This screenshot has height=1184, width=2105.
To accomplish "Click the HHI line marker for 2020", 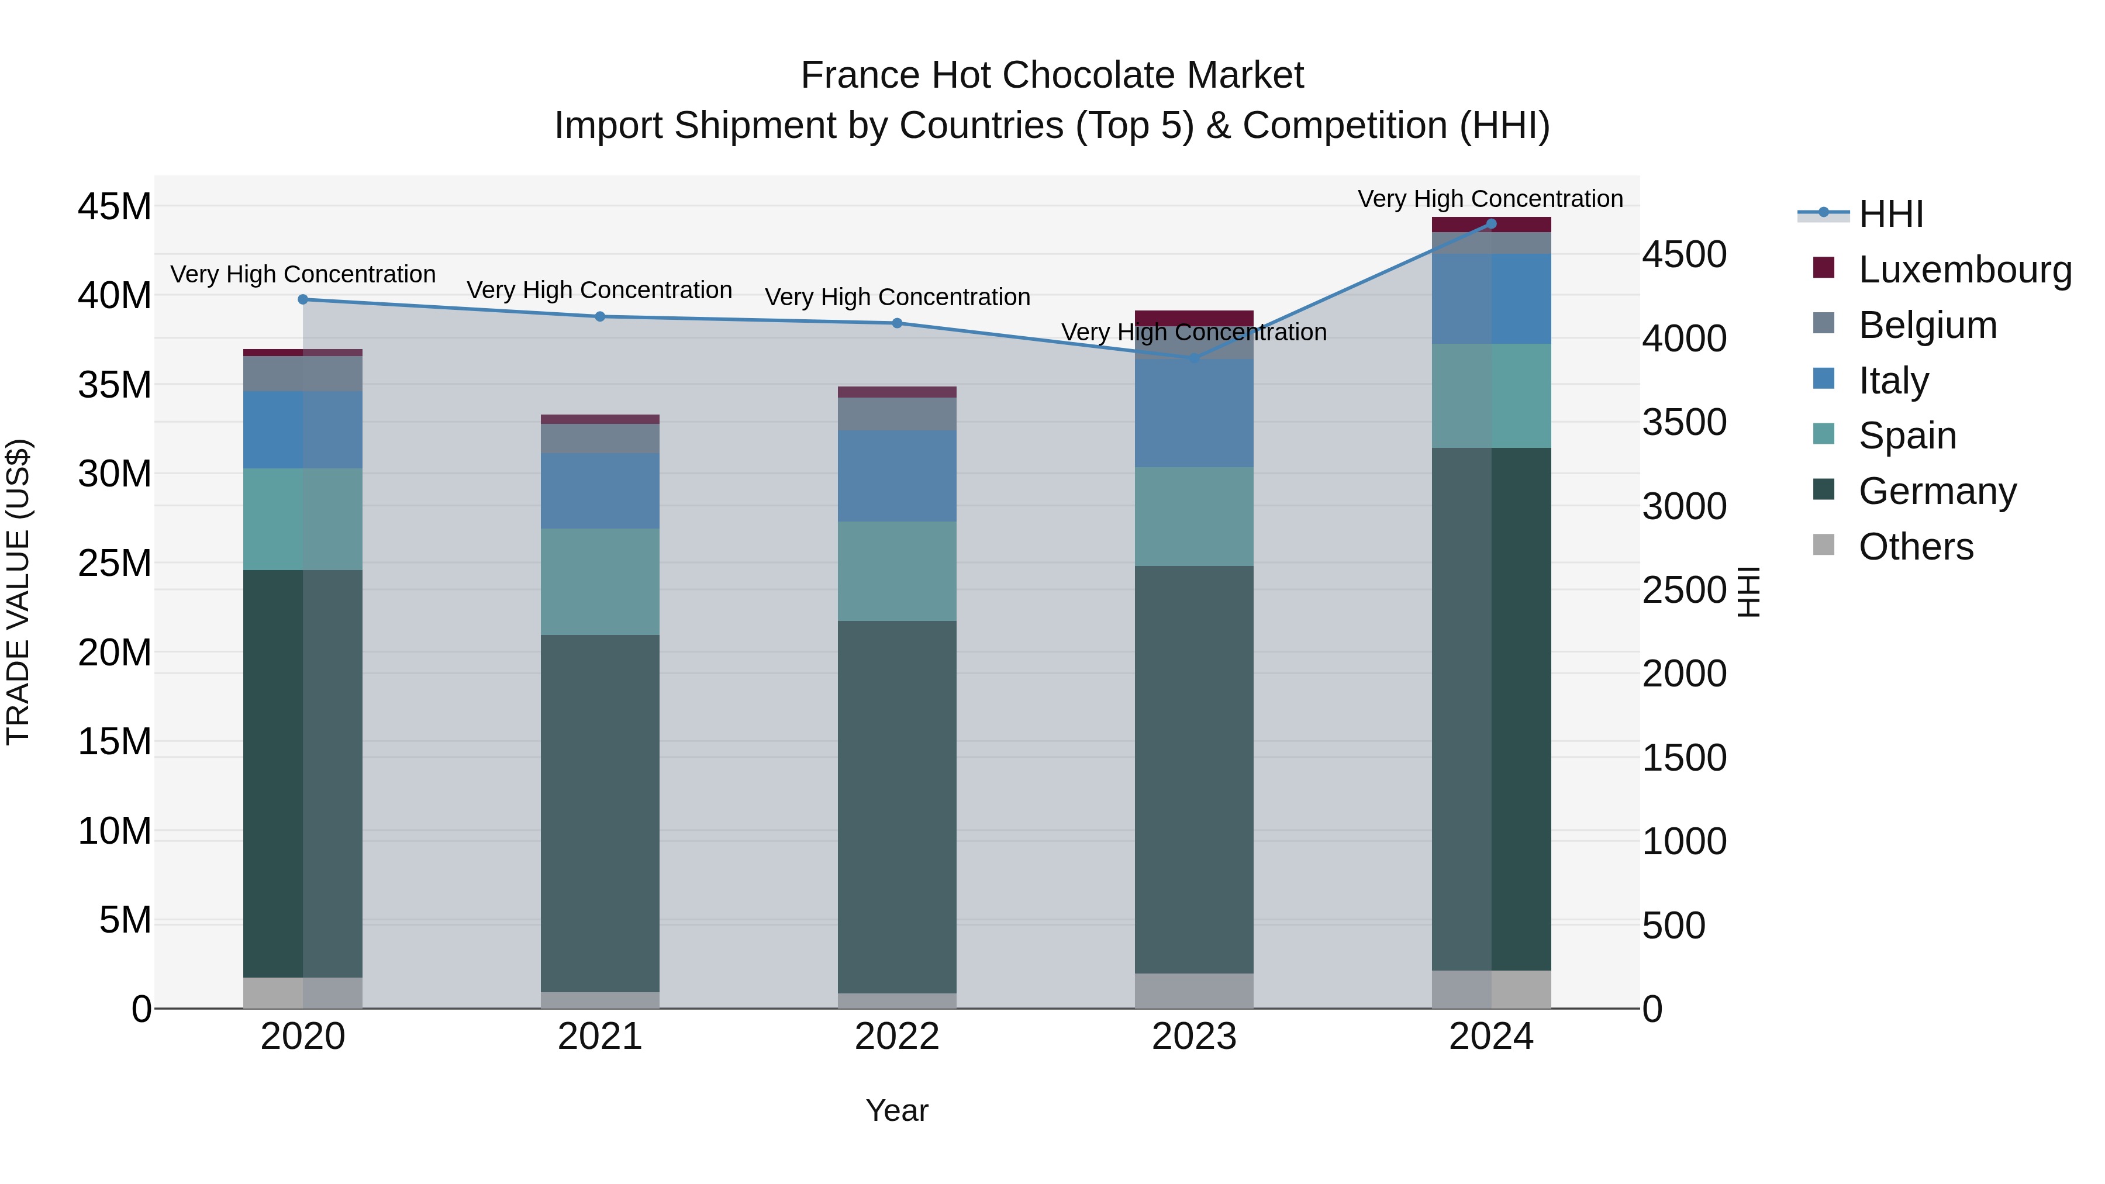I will pos(303,300).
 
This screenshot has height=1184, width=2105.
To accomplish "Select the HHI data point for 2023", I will pos(1194,358).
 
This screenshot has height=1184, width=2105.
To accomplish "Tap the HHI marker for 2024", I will pos(1491,224).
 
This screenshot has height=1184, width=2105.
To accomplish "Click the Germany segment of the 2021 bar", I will pos(600,813).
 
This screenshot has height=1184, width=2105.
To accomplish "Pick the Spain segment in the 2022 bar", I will pos(896,571).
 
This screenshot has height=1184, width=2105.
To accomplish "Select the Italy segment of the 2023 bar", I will pos(1194,413).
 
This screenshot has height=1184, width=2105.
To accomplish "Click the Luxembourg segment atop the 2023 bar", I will pos(1194,318).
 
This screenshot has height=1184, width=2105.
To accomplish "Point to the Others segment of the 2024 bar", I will pos(1491,989).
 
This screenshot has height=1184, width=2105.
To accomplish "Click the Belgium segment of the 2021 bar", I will pos(600,439).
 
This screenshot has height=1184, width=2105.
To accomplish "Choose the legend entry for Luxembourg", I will pos(1965,270).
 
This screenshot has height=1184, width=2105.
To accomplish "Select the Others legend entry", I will pos(1916,547).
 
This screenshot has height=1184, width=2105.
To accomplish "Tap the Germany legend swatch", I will pos(1823,489).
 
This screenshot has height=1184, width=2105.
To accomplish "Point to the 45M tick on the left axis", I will pos(115,207).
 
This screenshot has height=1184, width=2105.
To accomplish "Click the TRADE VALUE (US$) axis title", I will pos(19,592).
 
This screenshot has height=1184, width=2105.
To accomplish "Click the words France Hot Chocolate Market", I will pos(1052,75).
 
